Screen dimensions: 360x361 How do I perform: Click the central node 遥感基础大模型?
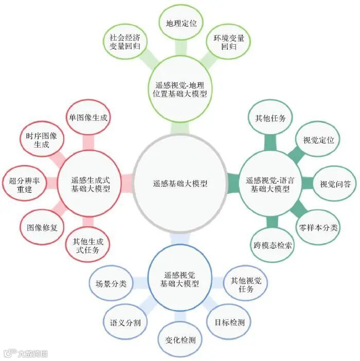(180, 183)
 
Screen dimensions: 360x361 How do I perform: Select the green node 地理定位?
(181, 24)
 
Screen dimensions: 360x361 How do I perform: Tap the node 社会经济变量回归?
(124, 42)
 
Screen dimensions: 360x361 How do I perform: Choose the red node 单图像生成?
(88, 118)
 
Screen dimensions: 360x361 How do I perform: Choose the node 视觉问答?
(335, 184)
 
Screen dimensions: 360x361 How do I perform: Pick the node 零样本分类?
(318, 227)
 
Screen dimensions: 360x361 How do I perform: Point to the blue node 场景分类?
(111, 283)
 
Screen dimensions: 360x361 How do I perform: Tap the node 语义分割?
(125, 322)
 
